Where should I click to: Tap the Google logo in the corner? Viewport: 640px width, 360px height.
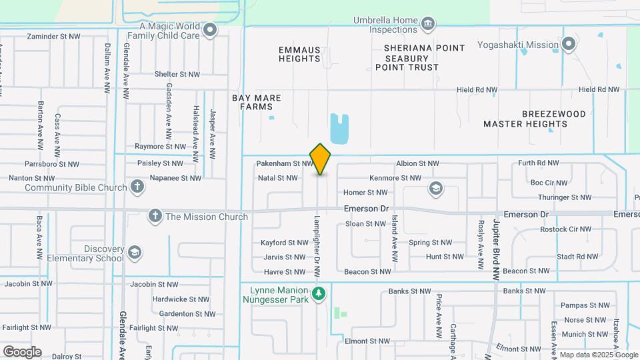pyautogui.click(x=22, y=351)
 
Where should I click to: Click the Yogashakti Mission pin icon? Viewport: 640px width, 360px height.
pyautogui.click(x=569, y=45)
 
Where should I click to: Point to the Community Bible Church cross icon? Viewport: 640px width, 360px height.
pyautogui.click(x=137, y=187)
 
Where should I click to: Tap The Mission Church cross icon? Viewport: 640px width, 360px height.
pyautogui.click(x=155, y=216)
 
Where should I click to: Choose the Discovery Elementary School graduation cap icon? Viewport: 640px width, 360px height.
pyautogui.click(x=135, y=251)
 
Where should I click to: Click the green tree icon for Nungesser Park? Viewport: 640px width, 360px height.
pyautogui.click(x=319, y=293)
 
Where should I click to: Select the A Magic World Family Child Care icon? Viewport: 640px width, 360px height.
pyautogui.click(x=211, y=30)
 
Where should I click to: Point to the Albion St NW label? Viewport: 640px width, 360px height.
pyautogui.click(x=417, y=163)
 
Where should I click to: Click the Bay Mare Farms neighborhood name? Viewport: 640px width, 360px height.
pyautogui.click(x=257, y=102)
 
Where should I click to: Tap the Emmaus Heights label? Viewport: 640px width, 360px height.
pyautogui.click(x=299, y=54)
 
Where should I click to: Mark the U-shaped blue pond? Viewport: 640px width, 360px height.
pyautogui.click(x=339, y=129)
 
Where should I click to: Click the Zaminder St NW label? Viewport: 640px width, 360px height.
pyautogui.click(x=53, y=36)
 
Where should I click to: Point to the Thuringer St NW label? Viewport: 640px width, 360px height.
pyautogui.click(x=566, y=197)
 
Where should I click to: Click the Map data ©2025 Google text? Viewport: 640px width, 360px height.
pyautogui.click(x=597, y=355)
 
